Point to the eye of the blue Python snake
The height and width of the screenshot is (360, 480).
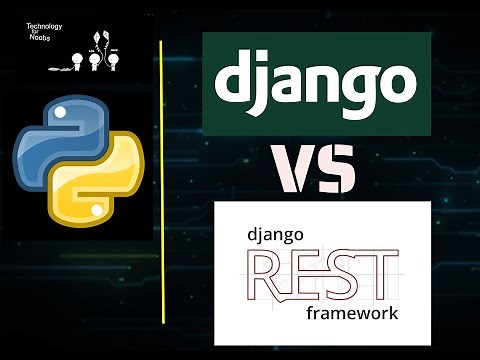[51, 113]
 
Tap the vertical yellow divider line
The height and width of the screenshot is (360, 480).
[161, 180]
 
